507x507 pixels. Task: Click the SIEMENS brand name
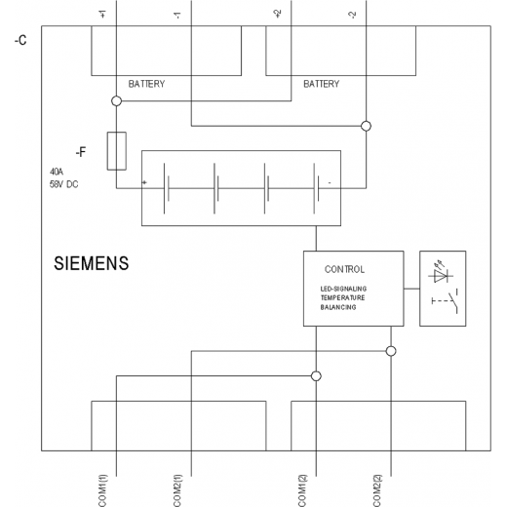(x=92, y=263)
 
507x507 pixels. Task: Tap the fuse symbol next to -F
(x=117, y=151)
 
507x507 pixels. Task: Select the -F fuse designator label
(x=81, y=152)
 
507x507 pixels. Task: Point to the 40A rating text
(x=57, y=172)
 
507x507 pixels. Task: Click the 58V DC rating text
(x=64, y=184)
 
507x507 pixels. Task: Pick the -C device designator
(x=20, y=40)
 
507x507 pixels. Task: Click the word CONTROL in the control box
(x=344, y=269)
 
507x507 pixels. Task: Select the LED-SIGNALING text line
(x=343, y=289)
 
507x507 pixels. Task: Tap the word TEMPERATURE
(x=342, y=297)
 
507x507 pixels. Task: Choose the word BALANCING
(x=338, y=307)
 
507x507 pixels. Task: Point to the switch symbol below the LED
(x=446, y=301)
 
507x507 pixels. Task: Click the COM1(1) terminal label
(x=102, y=490)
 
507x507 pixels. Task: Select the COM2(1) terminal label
(x=177, y=490)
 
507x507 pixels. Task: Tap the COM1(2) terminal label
(x=302, y=490)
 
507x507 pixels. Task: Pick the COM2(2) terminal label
(x=377, y=490)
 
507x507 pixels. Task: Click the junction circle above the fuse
(x=117, y=101)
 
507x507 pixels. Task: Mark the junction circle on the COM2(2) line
(x=391, y=351)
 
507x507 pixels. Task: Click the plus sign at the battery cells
(x=144, y=182)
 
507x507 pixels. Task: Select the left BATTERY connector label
(x=146, y=84)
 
